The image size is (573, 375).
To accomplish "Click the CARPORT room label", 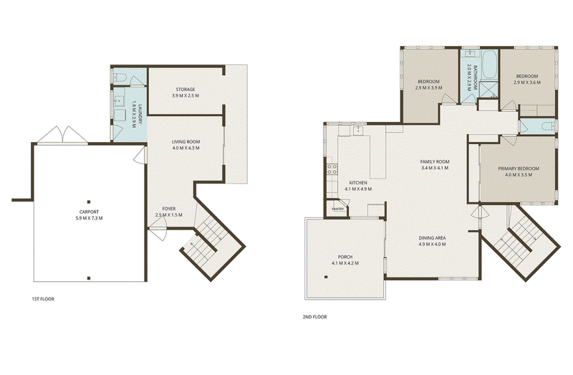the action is coord(89,212).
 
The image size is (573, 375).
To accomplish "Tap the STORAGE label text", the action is coord(186,89).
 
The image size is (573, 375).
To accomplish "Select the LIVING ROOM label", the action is coord(186,141).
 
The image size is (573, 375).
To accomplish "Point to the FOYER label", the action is coord(169,209).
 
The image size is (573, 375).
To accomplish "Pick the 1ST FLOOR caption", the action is coord(43,299).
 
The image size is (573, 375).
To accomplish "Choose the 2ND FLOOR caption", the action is coord(314,317).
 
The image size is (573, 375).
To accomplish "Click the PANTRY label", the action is coord(337,209).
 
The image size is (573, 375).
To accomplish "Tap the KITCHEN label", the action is coord(358,183).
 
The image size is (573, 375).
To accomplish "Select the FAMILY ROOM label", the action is coord(435,162).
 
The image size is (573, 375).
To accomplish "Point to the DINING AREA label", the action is coord(432,238).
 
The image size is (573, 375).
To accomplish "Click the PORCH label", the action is coord(345,257).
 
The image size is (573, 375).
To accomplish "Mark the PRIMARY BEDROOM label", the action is coord(519,168).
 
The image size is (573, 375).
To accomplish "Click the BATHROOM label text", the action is coord(476,77).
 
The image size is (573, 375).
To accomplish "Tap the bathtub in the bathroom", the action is coord(489,65).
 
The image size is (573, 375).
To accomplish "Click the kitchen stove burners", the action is coord(332,168).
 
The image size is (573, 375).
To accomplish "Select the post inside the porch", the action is coord(326,277).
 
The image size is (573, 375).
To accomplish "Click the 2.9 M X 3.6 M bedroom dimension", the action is coord(527,82).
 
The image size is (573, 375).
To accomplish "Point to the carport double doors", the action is coord(62,135).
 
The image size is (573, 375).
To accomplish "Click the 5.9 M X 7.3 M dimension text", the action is coord(89,219).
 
